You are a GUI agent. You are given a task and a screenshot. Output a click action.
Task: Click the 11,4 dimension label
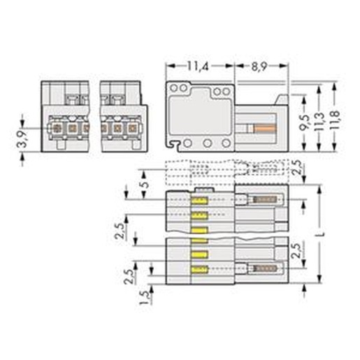198,66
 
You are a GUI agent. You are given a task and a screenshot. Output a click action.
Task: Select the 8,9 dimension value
259,66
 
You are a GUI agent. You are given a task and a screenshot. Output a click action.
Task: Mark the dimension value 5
145,184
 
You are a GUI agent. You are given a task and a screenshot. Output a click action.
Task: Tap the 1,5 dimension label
145,298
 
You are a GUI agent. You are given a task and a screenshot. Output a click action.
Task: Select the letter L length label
322,233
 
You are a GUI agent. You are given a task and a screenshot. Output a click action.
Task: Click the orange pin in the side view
265,129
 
